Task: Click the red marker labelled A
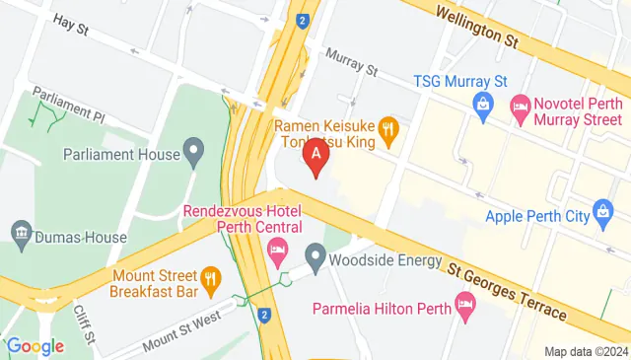click(x=315, y=156)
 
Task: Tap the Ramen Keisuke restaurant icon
click(x=389, y=126)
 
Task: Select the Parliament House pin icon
click(x=194, y=154)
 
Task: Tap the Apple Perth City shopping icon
click(x=602, y=210)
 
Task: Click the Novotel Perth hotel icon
click(x=520, y=104)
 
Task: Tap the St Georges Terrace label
click(x=507, y=290)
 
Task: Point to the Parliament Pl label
click(x=68, y=104)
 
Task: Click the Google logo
click(x=35, y=346)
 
